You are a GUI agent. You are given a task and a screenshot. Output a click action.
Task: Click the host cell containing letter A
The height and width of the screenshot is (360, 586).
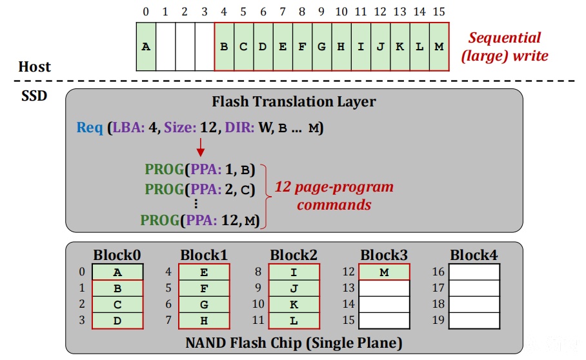pyautogui.click(x=146, y=46)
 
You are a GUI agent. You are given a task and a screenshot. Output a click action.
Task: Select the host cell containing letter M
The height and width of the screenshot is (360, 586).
pyautogui.click(x=439, y=46)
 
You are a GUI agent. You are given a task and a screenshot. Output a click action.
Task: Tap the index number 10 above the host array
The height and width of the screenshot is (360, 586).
pyautogui.click(x=341, y=12)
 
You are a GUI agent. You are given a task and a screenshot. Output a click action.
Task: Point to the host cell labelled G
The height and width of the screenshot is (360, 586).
pyautogui.click(x=322, y=46)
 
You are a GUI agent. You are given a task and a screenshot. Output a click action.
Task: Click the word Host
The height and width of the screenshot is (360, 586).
pyautogui.click(x=34, y=67)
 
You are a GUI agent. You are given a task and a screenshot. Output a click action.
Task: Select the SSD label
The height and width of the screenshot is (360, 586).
pyautogui.click(x=34, y=95)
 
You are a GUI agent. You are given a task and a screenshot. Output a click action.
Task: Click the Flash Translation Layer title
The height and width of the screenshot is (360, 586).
pyautogui.click(x=294, y=101)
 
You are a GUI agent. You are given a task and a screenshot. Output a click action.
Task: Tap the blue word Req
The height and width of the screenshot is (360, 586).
pyautogui.click(x=90, y=128)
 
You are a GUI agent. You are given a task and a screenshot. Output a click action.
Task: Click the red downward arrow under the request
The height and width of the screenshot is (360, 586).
pyautogui.click(x=201, y=147)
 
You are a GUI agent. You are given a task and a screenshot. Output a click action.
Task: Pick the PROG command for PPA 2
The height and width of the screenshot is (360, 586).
pyautogui.click(x=200, y=189)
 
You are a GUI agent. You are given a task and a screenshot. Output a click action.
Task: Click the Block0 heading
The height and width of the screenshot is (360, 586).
pyautogui.click(x=117, y=255)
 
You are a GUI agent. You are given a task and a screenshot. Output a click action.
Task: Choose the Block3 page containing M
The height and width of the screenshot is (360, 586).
pyautogui.click(x=384, y=272)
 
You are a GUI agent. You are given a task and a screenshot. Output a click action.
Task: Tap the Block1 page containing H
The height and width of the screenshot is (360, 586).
pyautogui.click(x=204, y=321)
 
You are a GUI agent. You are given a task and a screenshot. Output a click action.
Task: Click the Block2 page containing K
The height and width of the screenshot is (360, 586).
pyautogui.click(x=294, y=305)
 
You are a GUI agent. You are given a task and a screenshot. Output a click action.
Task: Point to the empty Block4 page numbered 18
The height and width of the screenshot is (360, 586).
pyautogui.click(x=474, y=305)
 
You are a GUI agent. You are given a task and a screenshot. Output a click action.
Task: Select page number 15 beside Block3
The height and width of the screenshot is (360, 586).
pyautogui.click(x=349, y=320)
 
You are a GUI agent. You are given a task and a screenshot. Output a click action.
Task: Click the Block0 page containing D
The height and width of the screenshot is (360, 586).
pyautogui.click(x=117, y=321)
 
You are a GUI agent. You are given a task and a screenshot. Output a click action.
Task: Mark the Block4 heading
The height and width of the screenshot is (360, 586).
pyautogui.click(x=474, y=255)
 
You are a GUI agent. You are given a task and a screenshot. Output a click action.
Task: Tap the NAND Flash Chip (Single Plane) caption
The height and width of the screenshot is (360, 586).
pyautogui.click(x=294, y=343)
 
